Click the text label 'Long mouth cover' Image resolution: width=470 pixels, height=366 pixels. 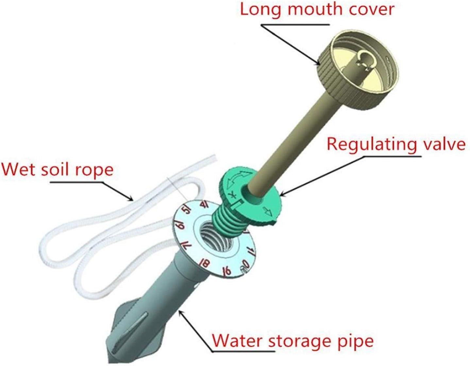point(317,9)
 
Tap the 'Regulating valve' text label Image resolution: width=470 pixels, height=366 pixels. point(396,144)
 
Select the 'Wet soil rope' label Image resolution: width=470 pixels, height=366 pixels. point(58,170)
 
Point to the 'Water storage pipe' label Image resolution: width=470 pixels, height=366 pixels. point(293,341)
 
